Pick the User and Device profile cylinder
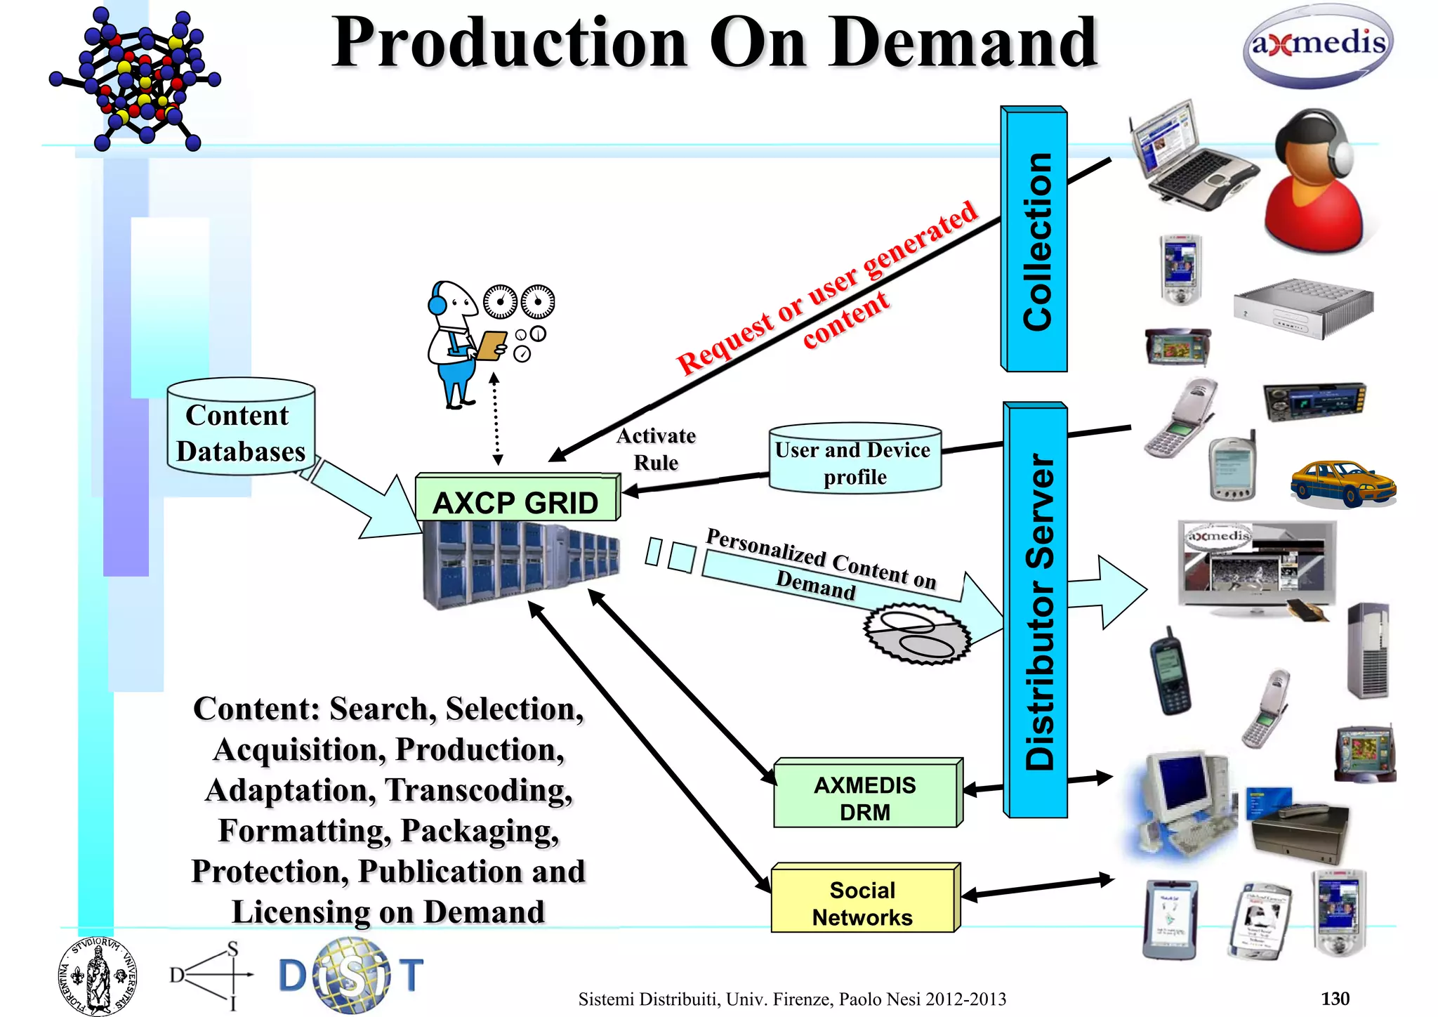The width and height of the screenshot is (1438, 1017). tap(855, 461)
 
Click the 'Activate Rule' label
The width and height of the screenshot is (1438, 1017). tap(657, 449)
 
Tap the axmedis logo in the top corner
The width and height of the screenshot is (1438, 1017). tap(1318, 46)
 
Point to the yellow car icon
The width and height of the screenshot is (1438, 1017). tap(1342, 483)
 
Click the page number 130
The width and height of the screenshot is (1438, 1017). tap(1334, 998)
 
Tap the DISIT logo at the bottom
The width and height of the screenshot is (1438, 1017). tap(351, 976)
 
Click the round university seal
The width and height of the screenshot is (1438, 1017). tap(97, 976)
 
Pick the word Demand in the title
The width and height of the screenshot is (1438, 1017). tap(962, 44)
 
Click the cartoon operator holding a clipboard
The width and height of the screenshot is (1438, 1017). tap(460, 344)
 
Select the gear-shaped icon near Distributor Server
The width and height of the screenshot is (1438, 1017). tap(916, 634)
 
